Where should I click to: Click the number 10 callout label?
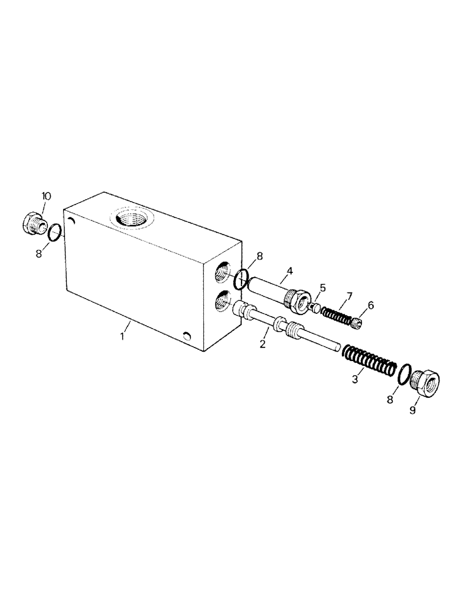(46, 196)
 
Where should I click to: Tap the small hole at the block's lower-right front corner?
(187, 336)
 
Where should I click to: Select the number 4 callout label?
(289, 272)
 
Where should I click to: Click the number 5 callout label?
(322, 288)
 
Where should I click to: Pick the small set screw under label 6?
(356, 323)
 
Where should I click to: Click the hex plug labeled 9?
(425, 382)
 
